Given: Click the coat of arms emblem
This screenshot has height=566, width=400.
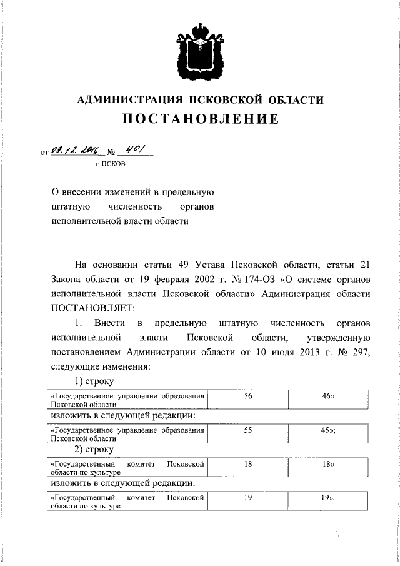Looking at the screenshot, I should click(x=200, y=50).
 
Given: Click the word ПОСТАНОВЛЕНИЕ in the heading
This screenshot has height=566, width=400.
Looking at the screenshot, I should click(x=200, y=119).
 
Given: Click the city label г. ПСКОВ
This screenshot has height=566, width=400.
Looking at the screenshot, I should click(x=110, y=165).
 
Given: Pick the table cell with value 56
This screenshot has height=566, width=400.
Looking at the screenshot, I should click(x=248, y=397).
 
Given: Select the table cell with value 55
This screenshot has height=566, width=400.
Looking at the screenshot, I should click(x=248, y=431).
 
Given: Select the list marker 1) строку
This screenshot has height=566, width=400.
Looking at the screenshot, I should click(x=94, y=382).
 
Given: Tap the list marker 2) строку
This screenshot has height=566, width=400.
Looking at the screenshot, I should click(x=94, y=450).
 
